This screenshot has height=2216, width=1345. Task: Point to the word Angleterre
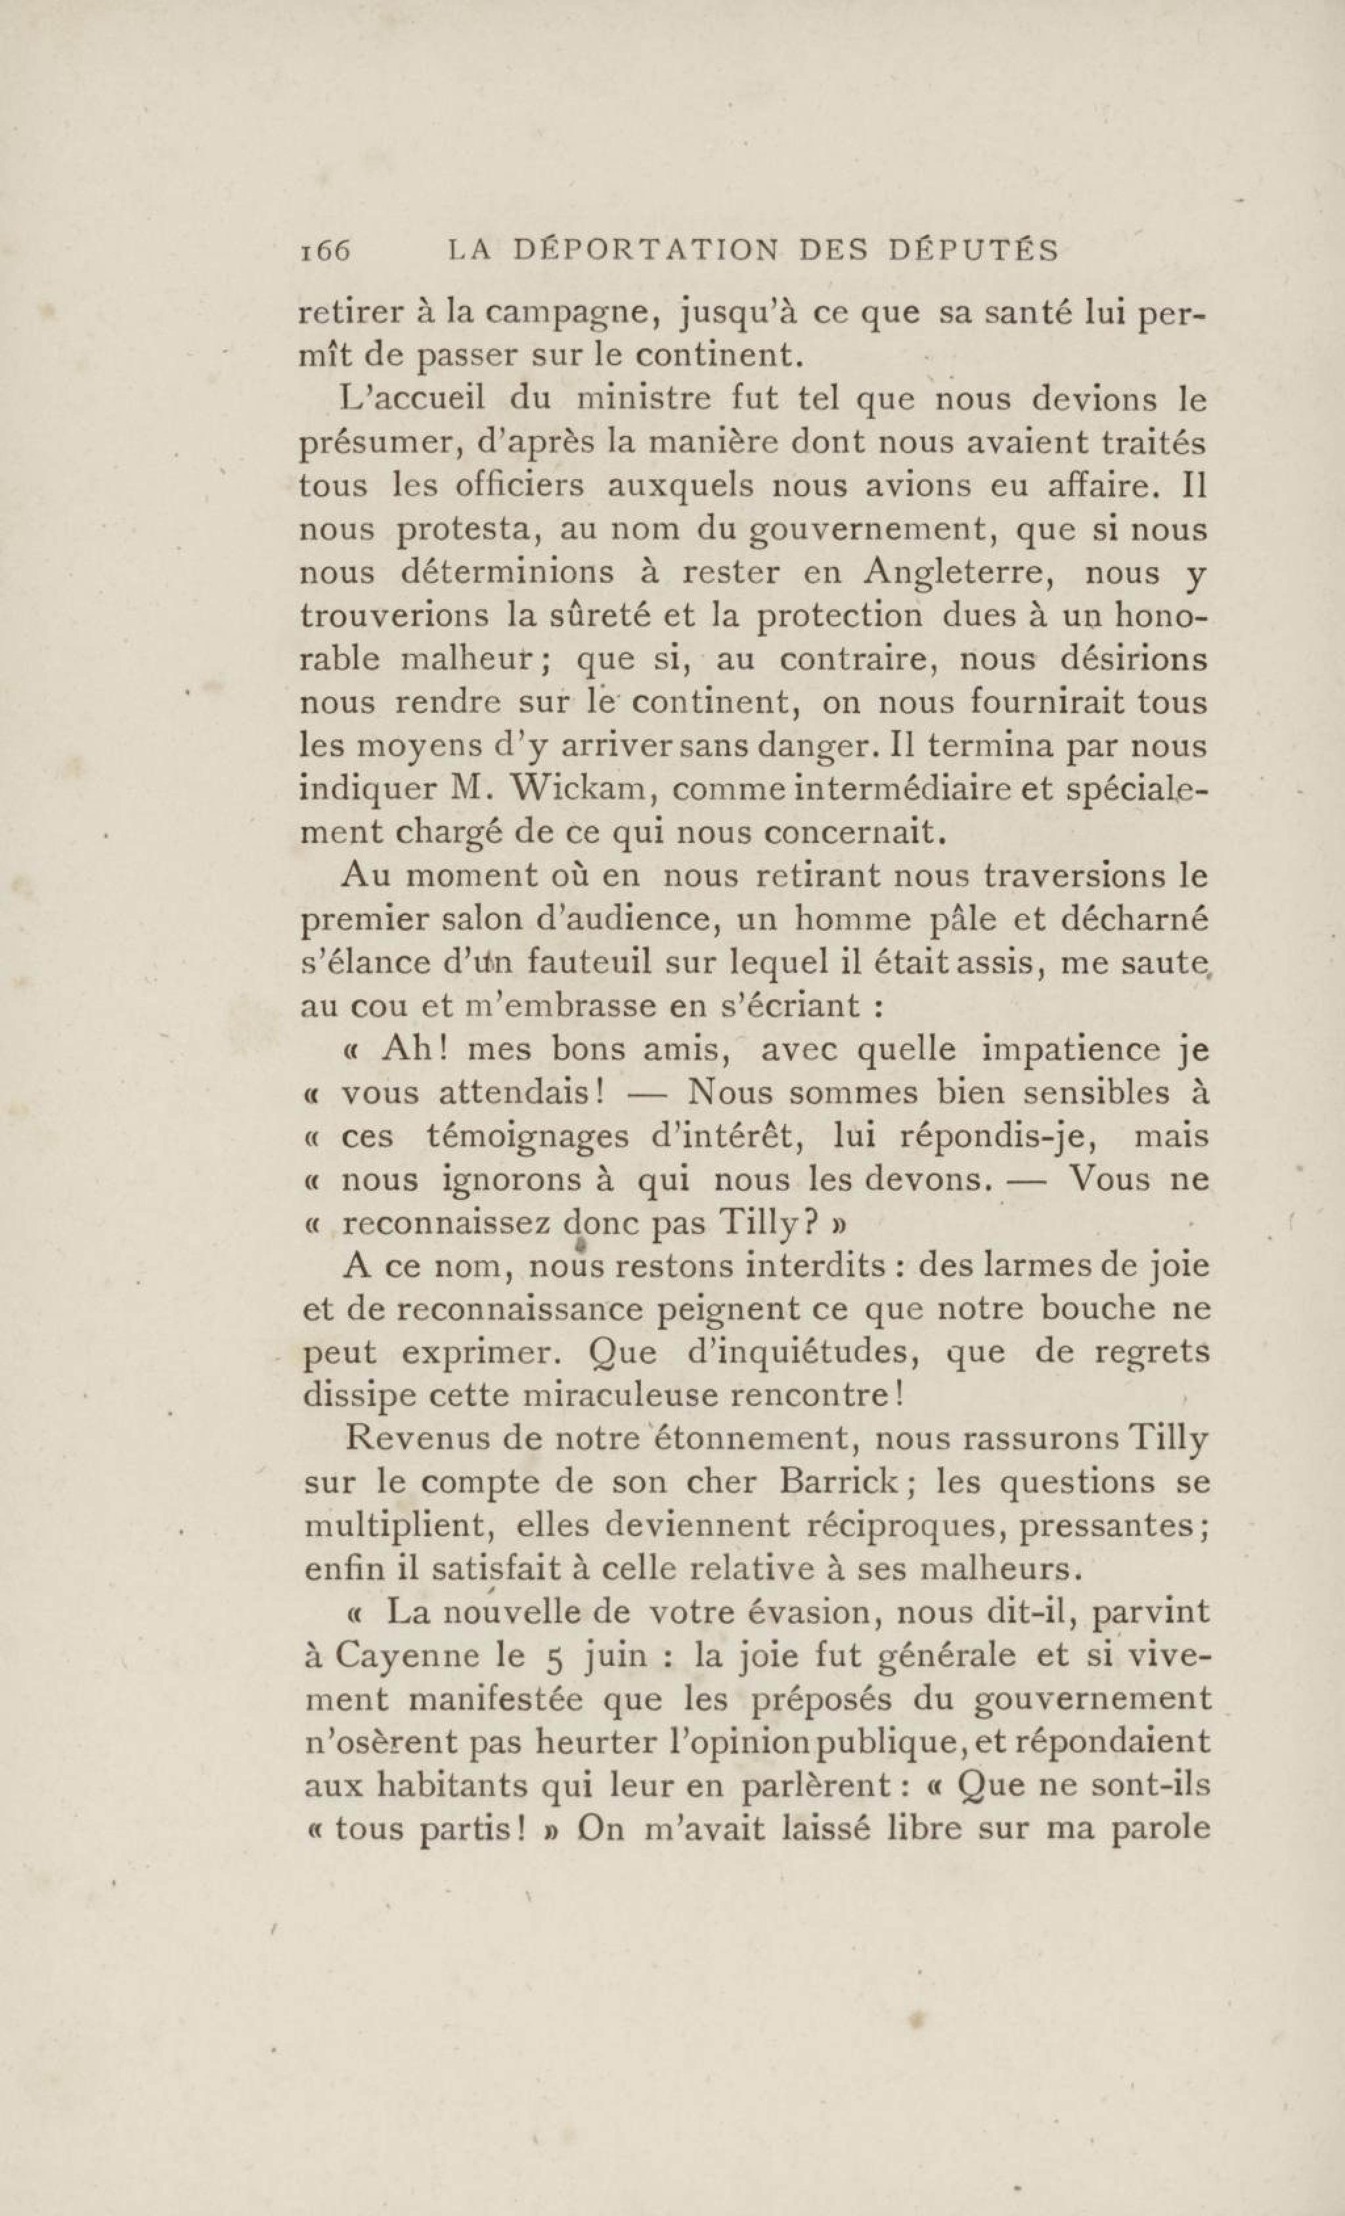point(956,572)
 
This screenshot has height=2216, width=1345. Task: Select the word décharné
point(1134,919)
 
